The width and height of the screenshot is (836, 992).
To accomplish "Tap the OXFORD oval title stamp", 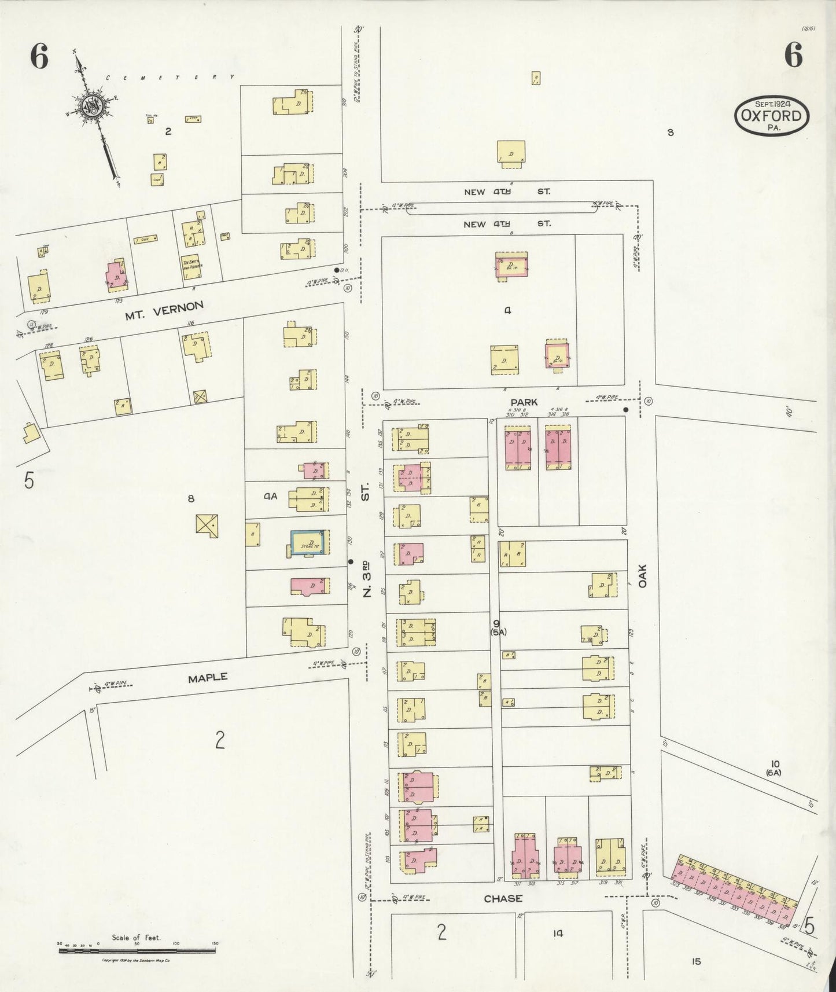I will pyautogui.click(x=772, y=115).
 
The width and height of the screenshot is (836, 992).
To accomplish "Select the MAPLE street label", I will pyautogui.click(x=208, y=677).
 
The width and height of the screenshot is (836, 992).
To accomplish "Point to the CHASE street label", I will pyautogui.click(x=503, y=898).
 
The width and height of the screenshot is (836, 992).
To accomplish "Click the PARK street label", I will pyautogui.click(x=524, y=402).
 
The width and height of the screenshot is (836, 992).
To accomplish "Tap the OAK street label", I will pyautogui.click(x=642, y=576).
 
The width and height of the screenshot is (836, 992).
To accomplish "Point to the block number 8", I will pyautogui.click(x=191, y=498).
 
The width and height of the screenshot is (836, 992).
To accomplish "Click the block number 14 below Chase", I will pyautogui.click(x=558, y=933).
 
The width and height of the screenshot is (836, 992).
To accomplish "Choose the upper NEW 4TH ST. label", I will pyautogui.click(x=507, y=191).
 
